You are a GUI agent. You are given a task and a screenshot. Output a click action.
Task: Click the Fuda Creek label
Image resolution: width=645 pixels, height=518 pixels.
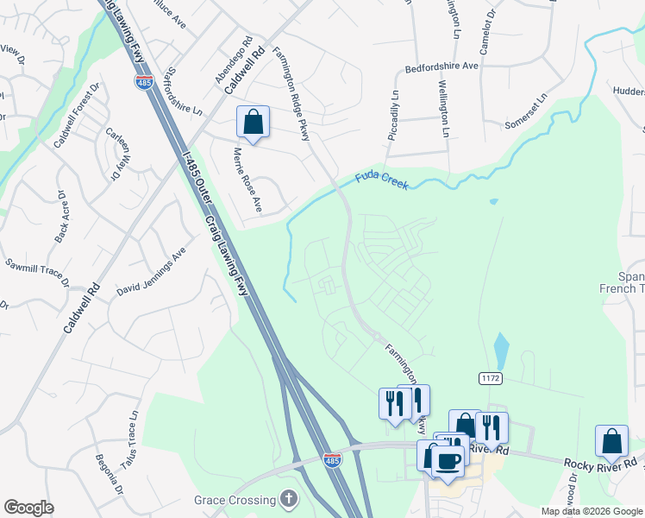pos(382,180)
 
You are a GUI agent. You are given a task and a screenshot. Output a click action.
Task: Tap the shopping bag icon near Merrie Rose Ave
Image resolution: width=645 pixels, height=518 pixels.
pos(253,122)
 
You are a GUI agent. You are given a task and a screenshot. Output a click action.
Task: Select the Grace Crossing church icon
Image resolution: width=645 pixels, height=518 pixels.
pos(288,499)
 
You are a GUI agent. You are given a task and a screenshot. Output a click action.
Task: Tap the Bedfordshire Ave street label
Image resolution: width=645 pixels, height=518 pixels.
pos(441,66)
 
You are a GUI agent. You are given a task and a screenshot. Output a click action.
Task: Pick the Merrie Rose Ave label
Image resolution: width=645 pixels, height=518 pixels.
pos(247,179)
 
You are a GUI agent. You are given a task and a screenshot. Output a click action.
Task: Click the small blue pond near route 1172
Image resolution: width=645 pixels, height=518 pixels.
pos(501,351)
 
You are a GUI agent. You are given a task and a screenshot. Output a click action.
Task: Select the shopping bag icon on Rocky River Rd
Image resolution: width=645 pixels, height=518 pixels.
pos(611,440)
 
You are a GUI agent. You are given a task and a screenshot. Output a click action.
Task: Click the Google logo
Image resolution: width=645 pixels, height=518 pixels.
pos(28,508)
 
